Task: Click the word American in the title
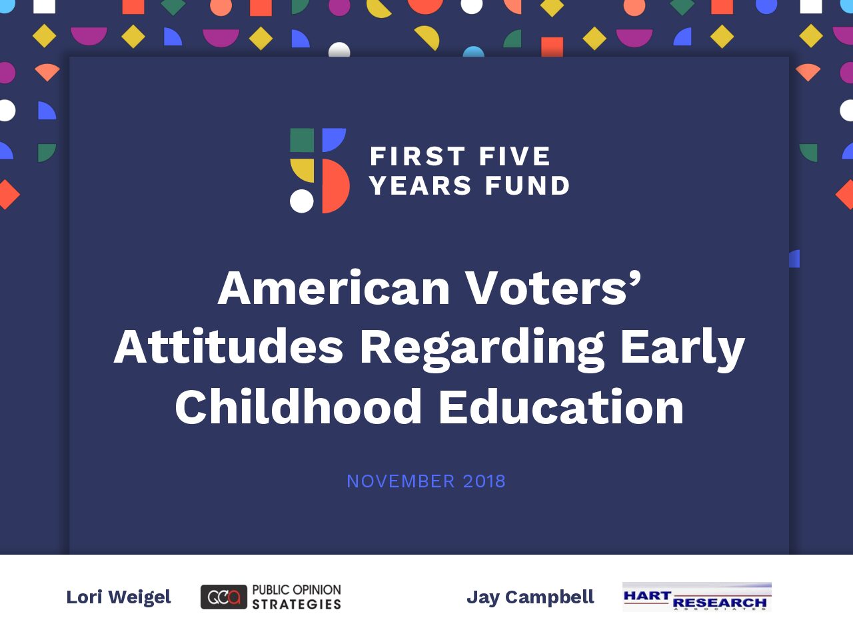tap(334, 288)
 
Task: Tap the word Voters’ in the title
tap(553, 288)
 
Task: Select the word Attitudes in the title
tap(229, 346)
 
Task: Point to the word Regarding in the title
tap(482, 349)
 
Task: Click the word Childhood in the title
tap(299, 407)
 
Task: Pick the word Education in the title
tap(561, 407)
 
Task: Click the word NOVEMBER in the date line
tap(401, 481)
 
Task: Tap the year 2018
tap(484, 481)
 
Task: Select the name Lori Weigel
tap(119, 597)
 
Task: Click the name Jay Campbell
tap(530, 597)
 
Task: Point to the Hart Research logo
tap(697, 597)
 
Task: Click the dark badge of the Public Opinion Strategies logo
tap(224, 597)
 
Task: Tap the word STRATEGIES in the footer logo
tap(297, 604)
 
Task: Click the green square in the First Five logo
tap(302, 140)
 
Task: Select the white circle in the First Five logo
tap(302, 201)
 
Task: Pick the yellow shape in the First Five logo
tap(303, 170)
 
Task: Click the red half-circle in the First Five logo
tap(335, 186)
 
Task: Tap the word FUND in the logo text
tap(527, 185)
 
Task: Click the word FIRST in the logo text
tap(417, 156)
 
